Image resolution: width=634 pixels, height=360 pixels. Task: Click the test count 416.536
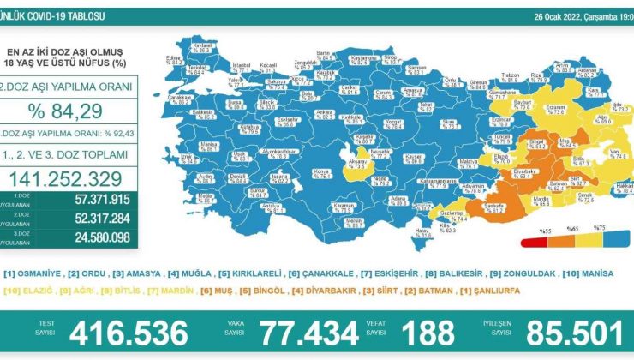[x=128, y=332]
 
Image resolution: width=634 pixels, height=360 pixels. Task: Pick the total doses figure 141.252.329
[x=68, y=177]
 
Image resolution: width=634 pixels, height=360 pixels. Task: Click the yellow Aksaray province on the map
[x=353, y=158]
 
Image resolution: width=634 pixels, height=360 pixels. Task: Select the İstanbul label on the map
[x=242, y=64]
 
